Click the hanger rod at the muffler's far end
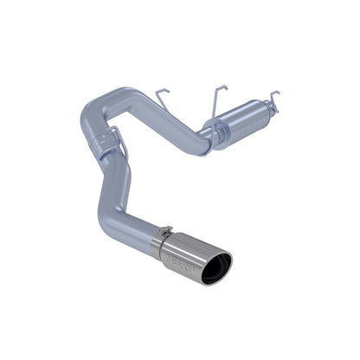coord(273,97)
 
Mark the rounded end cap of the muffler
coord(275,116)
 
